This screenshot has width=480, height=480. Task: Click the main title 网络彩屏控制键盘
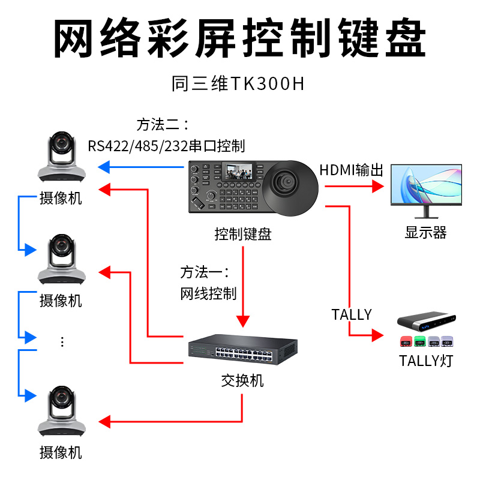click(x=240, y=38)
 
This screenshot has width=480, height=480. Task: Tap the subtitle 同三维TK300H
click(x=238, y=83)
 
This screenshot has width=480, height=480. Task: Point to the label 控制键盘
click(x=243, y=233)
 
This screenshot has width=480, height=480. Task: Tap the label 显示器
click(x=426, y=233)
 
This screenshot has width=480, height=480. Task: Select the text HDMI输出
click(x=351, y=170)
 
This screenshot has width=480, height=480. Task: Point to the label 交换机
click(x=242, y=381)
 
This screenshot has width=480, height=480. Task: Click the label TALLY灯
click(x=426, y=361)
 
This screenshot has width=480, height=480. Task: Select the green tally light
click(x=420, y=342)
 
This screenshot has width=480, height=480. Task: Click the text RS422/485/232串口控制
click(x=166, y=146)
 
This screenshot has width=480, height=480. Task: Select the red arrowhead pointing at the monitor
click(x=377, y=186)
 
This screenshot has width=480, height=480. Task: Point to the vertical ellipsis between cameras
click(x=62, y=342)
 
